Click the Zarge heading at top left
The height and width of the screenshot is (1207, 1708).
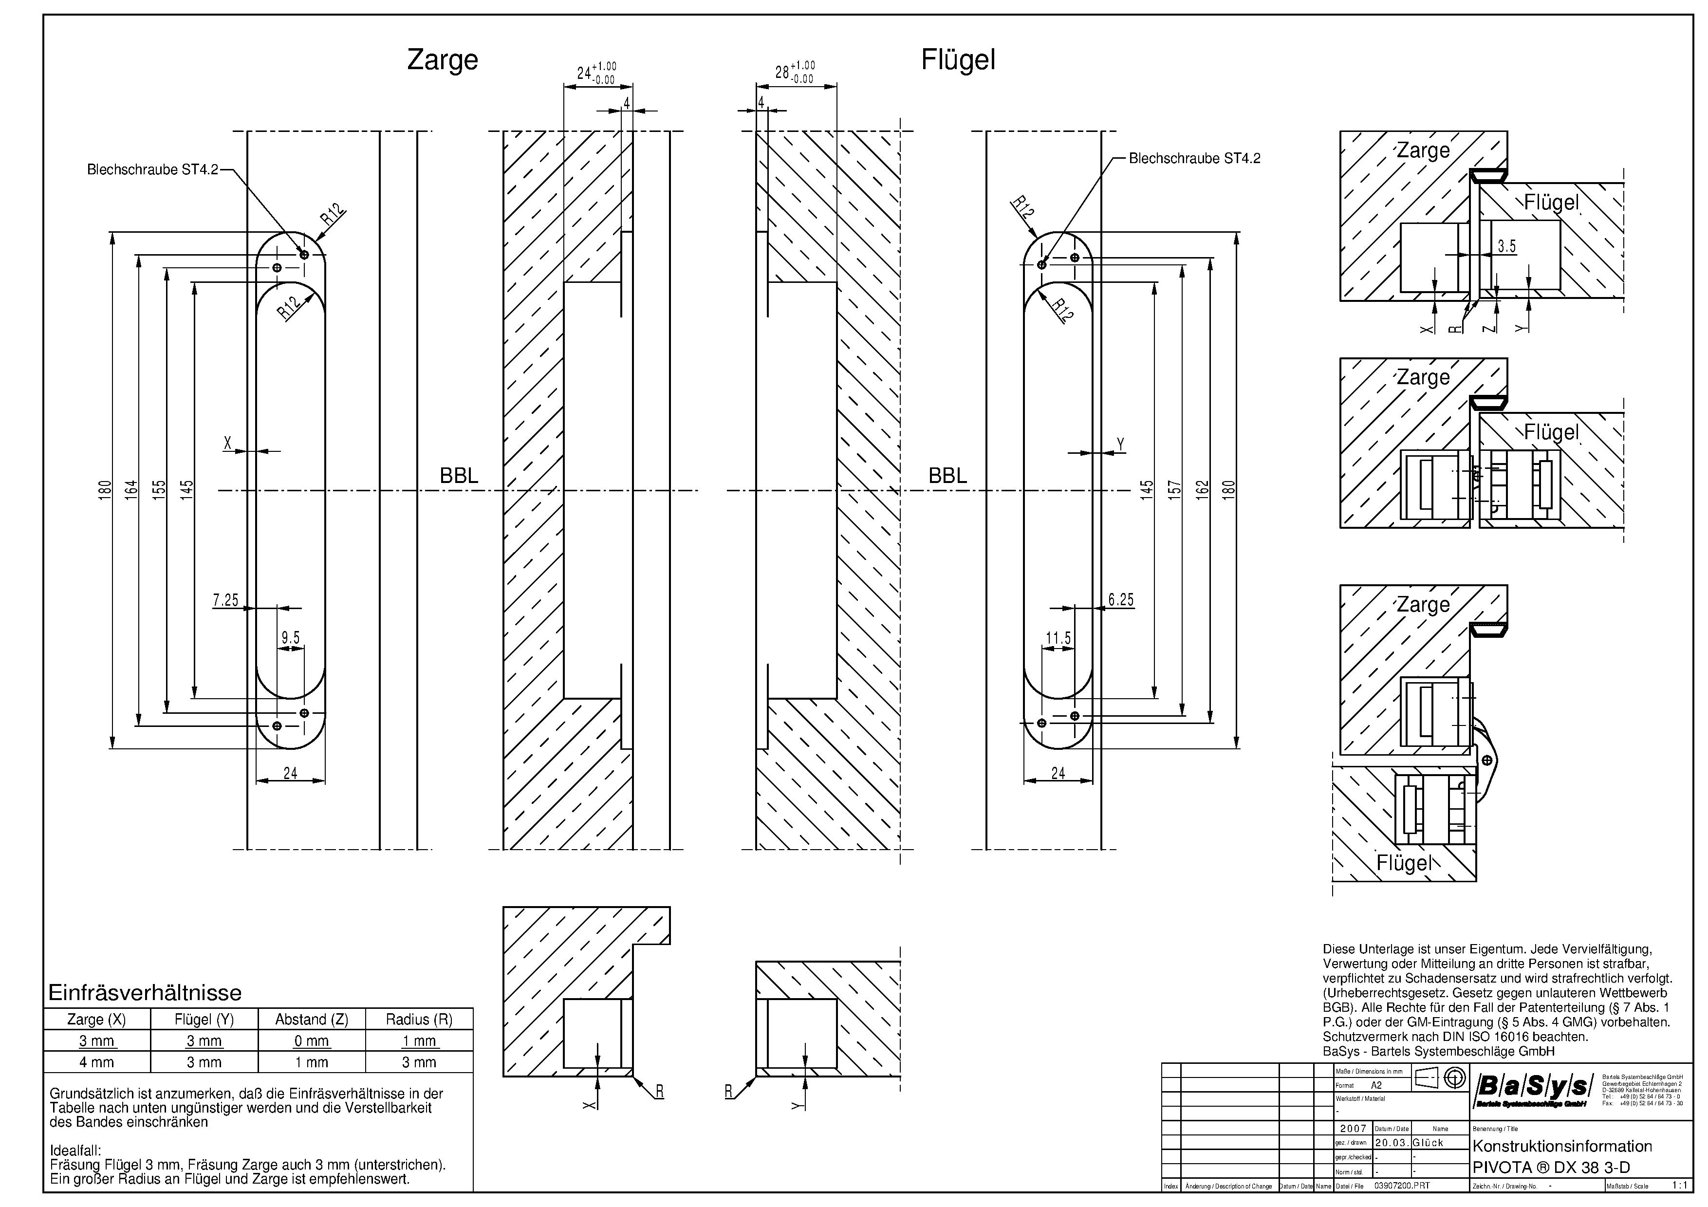[x=442, y=59]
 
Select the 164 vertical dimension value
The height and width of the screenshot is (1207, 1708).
[x=131, y=489]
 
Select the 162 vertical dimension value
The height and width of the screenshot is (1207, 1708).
[x=1202, y=489]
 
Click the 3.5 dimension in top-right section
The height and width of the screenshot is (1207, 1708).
[x=1506, y=246]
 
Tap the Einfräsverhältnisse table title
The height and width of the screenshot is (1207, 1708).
[x=145, y=993]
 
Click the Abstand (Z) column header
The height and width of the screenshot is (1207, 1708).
[x=312, y=1020]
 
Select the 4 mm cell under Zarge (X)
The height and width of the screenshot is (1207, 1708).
[x=97, y=1062]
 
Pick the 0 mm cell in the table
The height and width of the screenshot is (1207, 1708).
[x=312, y=1041]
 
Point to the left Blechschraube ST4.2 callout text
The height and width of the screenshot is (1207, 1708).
[x=152, y=169]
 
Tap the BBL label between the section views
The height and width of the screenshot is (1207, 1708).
[x=459, y=476]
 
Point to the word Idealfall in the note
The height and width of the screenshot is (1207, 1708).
[x=75, y=1151]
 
